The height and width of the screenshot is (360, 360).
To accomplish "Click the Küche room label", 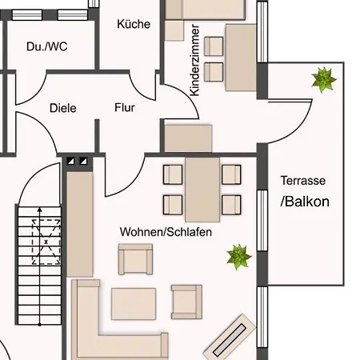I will click(134, 24).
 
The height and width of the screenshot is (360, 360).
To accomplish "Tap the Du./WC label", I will click(47, 46).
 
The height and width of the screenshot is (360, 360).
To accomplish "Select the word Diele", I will click(62, 108).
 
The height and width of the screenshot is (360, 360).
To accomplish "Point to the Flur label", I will click(125, 107).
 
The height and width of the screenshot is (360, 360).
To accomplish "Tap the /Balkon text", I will click(305, 202).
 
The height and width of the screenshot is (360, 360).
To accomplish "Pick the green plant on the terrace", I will click(323, 80).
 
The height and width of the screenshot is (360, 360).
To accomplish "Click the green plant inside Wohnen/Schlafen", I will click(238, 256).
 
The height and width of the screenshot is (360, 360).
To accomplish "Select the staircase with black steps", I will click(38, 264).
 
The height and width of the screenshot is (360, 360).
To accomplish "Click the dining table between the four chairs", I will click(202, 188).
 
